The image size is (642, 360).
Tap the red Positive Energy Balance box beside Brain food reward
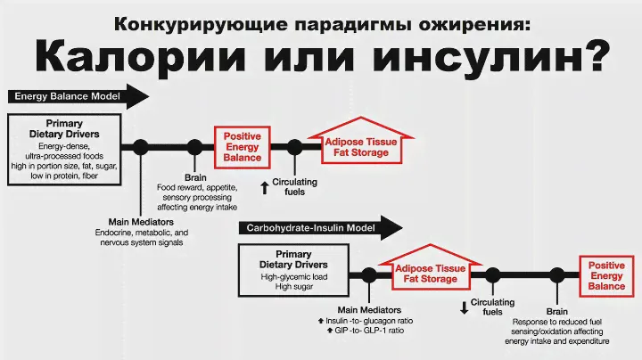pyautogui.click(x=242, y=147)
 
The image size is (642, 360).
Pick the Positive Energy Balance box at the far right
pyautogui.click(x=606, y=275)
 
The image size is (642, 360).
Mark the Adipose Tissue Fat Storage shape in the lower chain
pyautogui.click(x=425, y=274)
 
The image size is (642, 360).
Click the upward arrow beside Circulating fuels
pyautogui.click(x=264, y=186)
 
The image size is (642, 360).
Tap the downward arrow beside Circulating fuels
pyautogui.click(x=464, y=308)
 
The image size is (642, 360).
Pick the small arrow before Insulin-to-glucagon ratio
pyautogui.click(x=319, y=320)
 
